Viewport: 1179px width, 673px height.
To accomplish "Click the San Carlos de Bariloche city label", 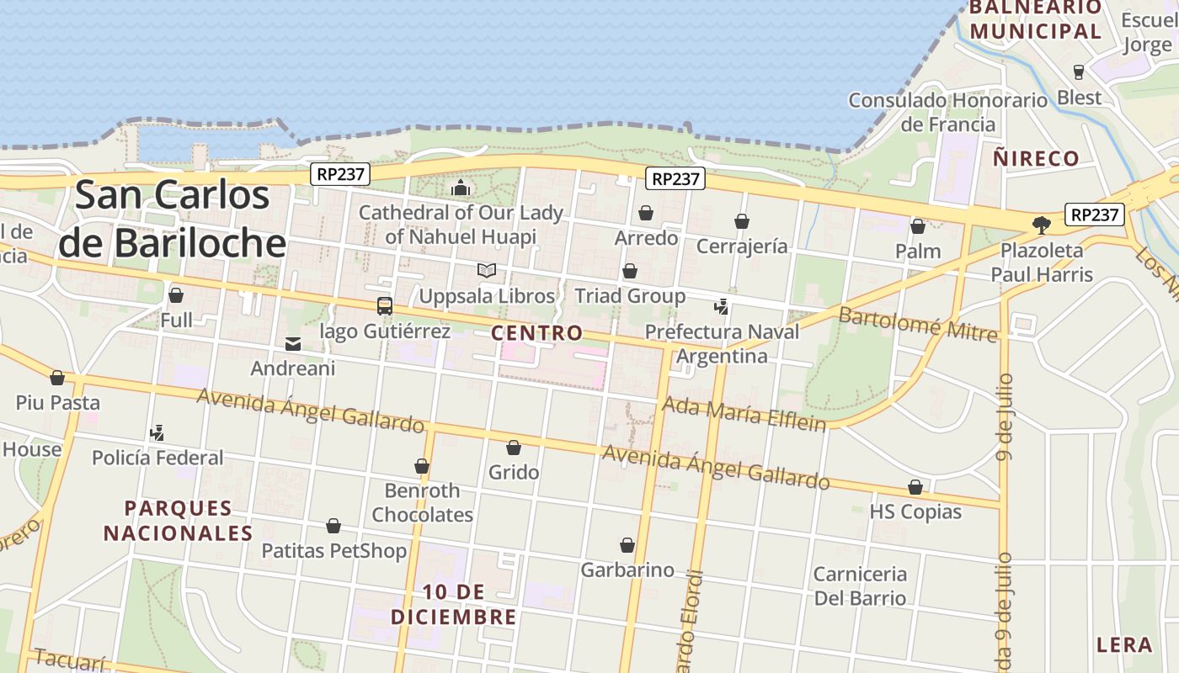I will pos(173,219).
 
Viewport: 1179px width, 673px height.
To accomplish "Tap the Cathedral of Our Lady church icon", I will pos(460,188).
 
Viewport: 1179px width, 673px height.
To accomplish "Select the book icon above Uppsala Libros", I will pos(487,271).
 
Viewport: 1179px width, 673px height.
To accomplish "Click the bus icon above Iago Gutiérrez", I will pos(385,306).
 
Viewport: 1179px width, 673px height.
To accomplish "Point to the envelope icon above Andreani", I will pos(293,343).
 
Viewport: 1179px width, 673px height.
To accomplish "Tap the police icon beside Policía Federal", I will pos(157,433).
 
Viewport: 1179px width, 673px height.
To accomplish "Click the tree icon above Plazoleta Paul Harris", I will pos(1042,225).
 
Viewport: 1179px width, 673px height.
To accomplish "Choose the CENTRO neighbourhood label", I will pos(536,333).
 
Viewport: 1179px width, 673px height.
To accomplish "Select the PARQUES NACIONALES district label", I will pos(178,521).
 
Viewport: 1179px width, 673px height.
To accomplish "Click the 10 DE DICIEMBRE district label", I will pos(453,605).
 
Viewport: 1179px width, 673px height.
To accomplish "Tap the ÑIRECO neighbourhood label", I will pos(1036,158).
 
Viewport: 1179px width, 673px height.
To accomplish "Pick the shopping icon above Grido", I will pos(514,448).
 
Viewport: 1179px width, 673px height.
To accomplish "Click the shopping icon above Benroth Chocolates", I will pos(422,466).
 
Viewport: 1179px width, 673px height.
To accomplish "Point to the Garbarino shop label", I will pos(627,570).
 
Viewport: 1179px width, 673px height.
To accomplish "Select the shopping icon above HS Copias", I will pos(915,487).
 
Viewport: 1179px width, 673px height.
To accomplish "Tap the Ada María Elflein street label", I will pos(744,414).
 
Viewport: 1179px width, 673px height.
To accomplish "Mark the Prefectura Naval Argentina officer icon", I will pos(721,307).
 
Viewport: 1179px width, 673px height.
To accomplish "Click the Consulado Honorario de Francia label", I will pos(948,113).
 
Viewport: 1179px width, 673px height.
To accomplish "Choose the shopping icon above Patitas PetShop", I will pos(333,527).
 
